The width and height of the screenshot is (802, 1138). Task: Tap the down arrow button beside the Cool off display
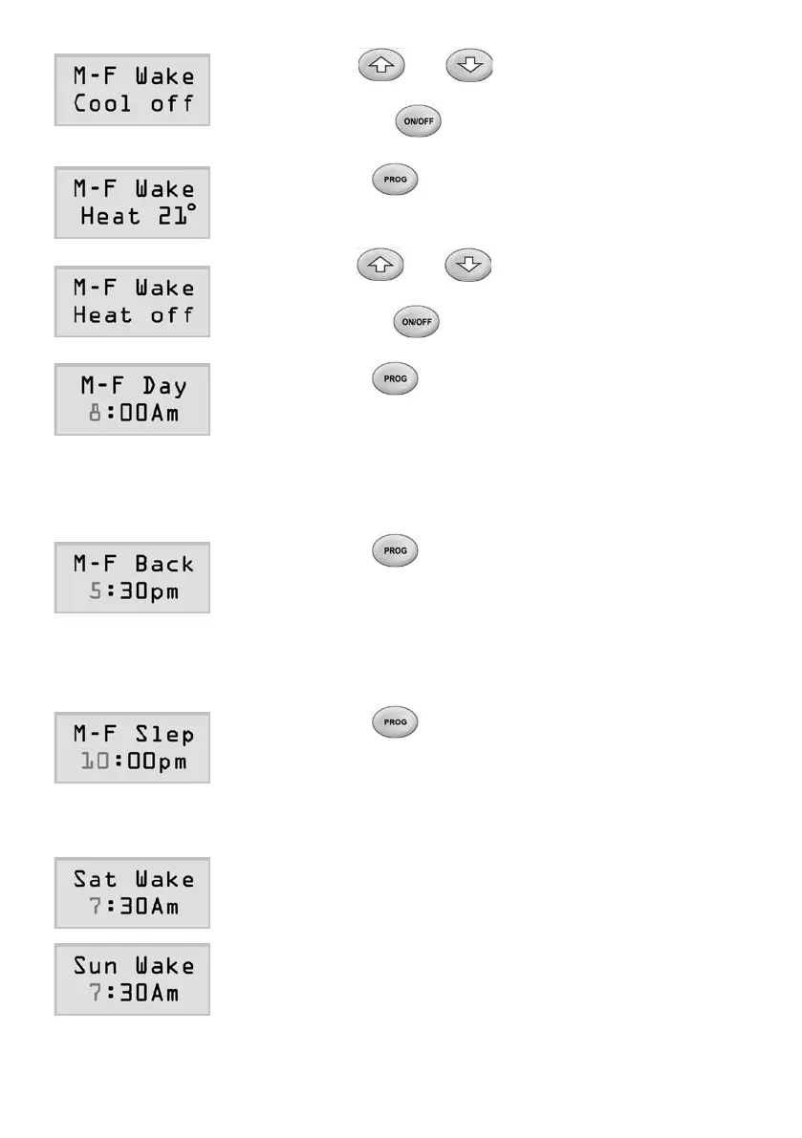(466, 66)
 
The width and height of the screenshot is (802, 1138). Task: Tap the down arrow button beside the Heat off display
(466, 264)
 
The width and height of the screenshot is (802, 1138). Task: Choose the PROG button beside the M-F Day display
(396, 379)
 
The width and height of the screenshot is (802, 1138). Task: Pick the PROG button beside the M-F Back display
(396, 551)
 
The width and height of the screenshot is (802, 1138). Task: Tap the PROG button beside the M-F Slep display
(396, 722)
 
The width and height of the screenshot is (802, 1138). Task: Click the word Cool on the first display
(102, 103)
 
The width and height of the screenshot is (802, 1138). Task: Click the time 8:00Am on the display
(132, 414)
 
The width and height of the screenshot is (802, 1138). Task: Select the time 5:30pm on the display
(132, 591)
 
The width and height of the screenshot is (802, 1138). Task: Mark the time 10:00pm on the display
(132, 762)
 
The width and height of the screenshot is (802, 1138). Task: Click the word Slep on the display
(163, 734)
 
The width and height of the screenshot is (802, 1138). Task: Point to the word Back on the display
(163, 564)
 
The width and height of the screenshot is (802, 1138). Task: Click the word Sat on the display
(95, 878)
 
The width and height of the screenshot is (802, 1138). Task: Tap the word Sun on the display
(95, 965)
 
